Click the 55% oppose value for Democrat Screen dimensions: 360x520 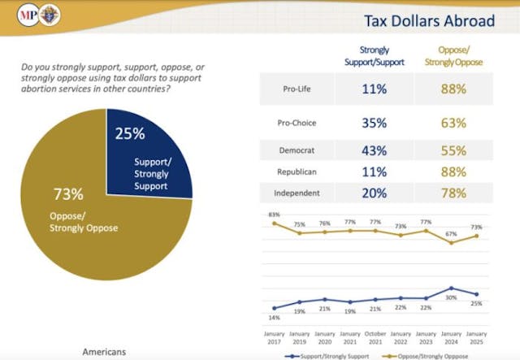click(454, 151)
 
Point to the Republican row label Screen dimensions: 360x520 click(297, 171)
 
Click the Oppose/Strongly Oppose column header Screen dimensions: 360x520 click(454, 54)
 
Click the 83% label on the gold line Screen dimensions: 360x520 click(274, 214)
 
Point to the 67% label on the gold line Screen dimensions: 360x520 click(452, 234)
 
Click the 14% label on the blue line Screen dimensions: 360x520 click(274, 318)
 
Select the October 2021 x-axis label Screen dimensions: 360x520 click(375, 336)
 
